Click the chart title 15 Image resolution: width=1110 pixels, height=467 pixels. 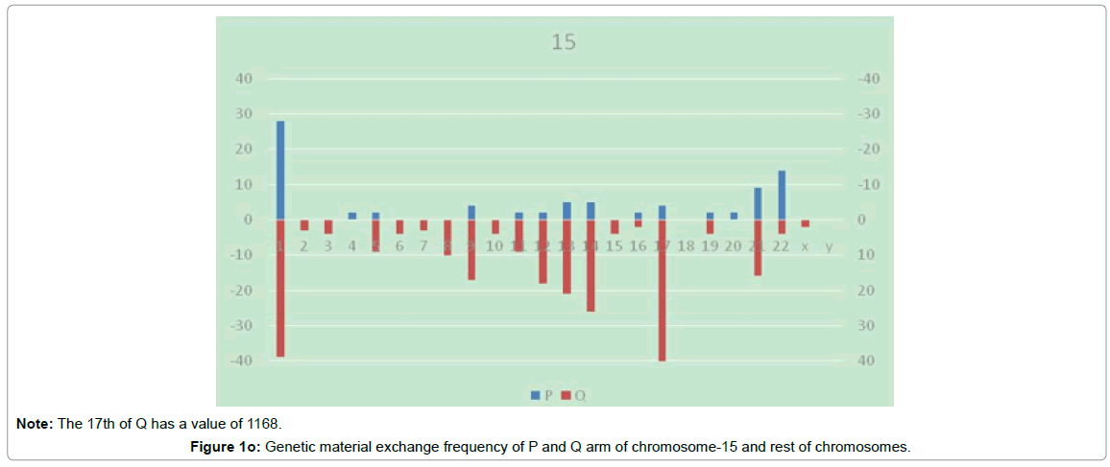point(563,42)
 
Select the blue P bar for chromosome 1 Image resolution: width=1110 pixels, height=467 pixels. point(280,171)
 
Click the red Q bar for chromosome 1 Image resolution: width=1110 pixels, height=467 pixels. point(280,288)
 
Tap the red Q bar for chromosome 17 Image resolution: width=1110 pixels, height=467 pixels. point(663,290)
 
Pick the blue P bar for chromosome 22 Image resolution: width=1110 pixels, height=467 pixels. point(782,195)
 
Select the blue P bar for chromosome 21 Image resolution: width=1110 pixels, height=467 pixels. point(758,203)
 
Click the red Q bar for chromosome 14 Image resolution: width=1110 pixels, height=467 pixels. point(591,266)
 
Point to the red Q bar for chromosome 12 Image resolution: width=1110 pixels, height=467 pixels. point(543,251)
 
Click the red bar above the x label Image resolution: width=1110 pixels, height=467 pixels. point(806,223)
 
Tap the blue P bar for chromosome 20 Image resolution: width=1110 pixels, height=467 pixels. point(734,216)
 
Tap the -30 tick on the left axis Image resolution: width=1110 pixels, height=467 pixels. point(240,326)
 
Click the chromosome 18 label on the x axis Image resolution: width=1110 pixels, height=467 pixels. point(686,246)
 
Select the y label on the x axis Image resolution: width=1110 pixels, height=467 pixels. point(829,246)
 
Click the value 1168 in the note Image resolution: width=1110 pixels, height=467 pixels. point(265,423)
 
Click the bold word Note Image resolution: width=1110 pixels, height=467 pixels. point(35,423)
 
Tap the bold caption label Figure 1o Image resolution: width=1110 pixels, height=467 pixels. point(230,446)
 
